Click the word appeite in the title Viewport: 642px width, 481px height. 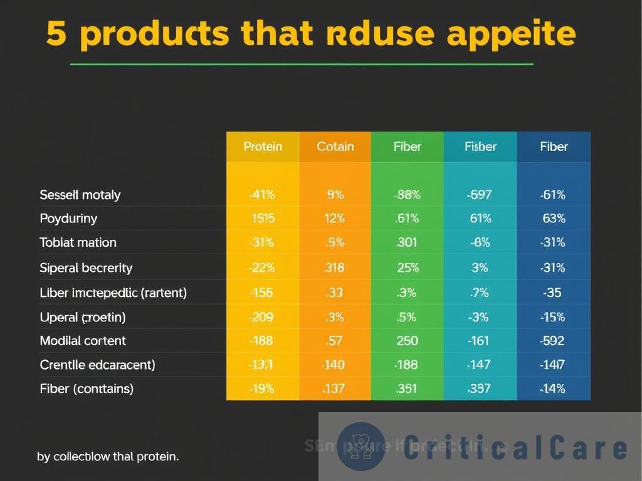510,34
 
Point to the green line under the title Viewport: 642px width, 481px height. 301,64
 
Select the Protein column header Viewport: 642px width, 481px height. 263,147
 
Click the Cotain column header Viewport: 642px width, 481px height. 335,147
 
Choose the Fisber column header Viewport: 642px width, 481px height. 480,147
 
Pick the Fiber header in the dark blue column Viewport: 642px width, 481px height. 554,147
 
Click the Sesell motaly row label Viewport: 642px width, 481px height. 80,195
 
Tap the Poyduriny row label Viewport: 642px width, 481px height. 68,219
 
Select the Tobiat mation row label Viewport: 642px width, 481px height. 78,242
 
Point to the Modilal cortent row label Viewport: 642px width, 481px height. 83,341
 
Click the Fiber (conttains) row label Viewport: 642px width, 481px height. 87,388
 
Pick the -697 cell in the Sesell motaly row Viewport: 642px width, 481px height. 480,195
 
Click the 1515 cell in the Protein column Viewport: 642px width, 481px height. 263,219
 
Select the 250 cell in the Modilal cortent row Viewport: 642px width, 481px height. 408,341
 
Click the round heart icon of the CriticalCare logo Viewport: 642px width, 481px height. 361,446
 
